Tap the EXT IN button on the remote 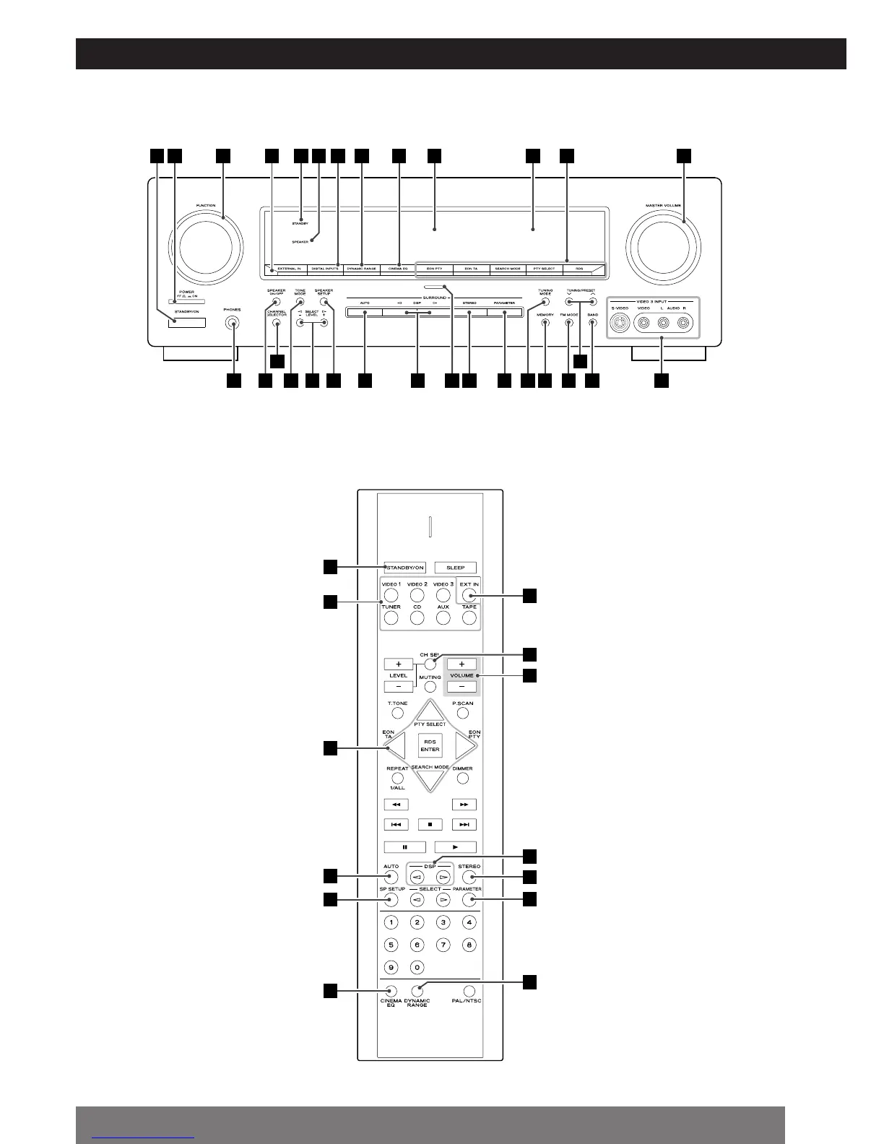469,596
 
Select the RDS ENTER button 430,745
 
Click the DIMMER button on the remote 463,779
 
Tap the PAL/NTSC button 469,992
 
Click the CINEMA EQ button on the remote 391,992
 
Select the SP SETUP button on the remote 391,900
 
